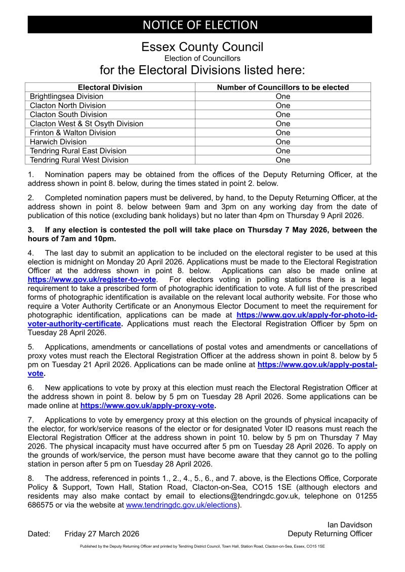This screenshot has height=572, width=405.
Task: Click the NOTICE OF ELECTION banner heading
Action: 200,24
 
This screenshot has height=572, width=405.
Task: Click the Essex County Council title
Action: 202,48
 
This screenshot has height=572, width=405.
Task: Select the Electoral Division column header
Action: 110,87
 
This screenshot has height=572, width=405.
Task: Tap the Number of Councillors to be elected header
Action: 282,87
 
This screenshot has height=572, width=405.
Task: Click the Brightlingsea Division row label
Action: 66,97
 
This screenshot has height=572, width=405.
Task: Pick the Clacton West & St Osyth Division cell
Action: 87,124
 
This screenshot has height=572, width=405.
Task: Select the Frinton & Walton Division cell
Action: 73,133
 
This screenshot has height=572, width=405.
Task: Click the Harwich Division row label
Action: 58,142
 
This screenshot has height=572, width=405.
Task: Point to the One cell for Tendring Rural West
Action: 282,160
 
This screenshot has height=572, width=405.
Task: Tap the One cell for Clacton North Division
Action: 282,106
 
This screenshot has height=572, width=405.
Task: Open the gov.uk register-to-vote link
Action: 92,279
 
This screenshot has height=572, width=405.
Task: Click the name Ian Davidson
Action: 350,525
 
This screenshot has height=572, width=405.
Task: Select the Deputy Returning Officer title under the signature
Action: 330,534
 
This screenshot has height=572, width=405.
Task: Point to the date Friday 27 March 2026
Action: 102,534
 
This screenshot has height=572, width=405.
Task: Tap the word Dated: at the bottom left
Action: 39,534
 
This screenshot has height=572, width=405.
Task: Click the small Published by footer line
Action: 202,547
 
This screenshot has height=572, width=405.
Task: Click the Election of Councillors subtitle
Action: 202,59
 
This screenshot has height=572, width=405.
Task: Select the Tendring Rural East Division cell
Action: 78,151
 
